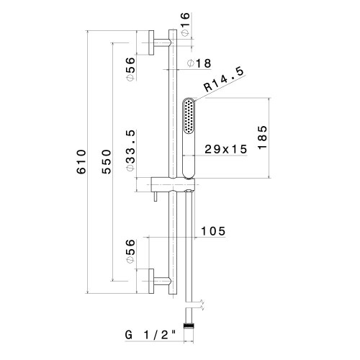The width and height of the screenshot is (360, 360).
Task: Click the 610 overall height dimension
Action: [x=81, y=162]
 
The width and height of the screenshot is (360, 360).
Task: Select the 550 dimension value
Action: [x=107, y=162]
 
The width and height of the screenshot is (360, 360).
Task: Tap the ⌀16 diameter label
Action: [x=186, y=24]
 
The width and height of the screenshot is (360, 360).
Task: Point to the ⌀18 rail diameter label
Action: [x=199, y=63]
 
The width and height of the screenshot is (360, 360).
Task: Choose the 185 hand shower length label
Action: [x=262, y=138]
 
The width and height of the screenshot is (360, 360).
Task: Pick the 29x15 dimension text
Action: [x=225, y=149]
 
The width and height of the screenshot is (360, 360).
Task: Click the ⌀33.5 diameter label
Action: [x=131, y=150]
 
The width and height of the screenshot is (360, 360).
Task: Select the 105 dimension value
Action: [x=213, y=231]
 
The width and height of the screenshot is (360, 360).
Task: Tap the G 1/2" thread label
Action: [x=150, y=335]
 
